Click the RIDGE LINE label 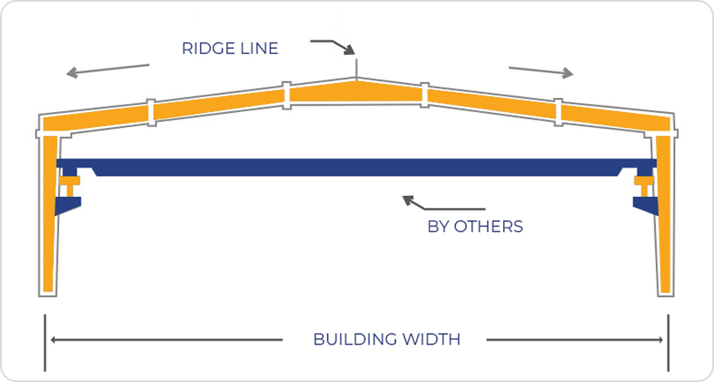pos(230,48)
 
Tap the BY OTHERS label pos(475,226)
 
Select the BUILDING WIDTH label pos(386,340)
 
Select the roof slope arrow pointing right pos(540,71)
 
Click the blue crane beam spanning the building pos(357,168)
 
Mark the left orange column pos(49,216)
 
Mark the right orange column pos(665,216)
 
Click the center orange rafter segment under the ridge pos(355,91)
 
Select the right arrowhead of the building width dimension pos(660,340)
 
